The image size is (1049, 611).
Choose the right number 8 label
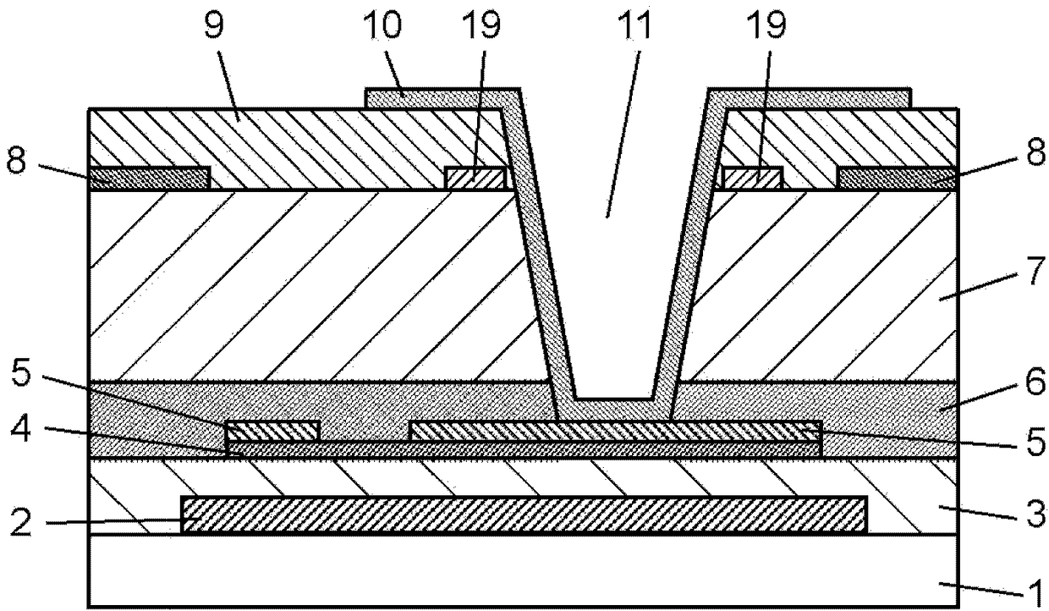click(1035, 151)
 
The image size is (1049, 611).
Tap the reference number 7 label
click(1035, 270)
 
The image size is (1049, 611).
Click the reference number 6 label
click(1035, 381)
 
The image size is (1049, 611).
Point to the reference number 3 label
click(1035, 514)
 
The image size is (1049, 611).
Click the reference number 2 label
click(20, 522)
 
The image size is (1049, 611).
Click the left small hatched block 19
click(475, 179)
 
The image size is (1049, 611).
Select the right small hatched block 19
click(751, 179)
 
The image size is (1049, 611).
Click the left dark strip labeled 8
click(150, 179)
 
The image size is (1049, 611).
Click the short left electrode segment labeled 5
click(273, 431)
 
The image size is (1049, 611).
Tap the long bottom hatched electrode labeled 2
click(524, 515)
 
